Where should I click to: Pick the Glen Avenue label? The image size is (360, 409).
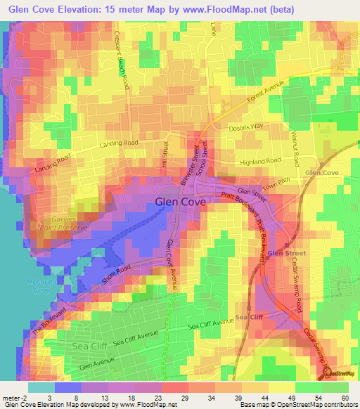96,365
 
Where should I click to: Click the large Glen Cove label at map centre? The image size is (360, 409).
180,202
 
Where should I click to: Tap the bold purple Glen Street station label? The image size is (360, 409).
286,253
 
